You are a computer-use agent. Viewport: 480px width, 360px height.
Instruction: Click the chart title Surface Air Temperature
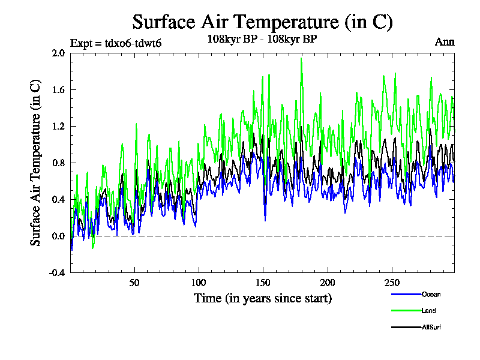(262, 22)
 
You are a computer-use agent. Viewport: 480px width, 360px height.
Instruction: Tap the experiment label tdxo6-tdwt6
(116, 43)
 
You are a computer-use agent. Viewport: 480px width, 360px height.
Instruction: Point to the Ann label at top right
(445, 42)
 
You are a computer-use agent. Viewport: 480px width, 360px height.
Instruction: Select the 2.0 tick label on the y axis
(59, 53)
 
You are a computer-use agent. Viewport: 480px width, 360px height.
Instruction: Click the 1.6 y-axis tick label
(59, 89)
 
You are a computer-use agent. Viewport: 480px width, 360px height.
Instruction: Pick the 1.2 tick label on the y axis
(59, 126)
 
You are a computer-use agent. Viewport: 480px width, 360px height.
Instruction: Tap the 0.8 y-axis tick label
(59, 163)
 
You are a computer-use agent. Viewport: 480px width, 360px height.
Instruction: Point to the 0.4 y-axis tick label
(59, 199)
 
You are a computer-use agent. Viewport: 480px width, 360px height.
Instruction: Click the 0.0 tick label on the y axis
(59, 236)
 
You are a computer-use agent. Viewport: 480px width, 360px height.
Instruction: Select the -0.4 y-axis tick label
(57, 272)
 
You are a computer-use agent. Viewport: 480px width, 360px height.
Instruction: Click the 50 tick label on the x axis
(134, 283)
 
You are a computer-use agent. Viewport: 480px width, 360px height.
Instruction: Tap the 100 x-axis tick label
(199, 283)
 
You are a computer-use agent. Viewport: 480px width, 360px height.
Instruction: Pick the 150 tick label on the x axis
(263, 283)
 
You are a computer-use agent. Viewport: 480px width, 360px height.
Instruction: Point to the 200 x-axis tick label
(327, 283)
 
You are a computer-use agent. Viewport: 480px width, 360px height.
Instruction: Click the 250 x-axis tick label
(391, 283)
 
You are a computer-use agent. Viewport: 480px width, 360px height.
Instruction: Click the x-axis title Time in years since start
(262, 298)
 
